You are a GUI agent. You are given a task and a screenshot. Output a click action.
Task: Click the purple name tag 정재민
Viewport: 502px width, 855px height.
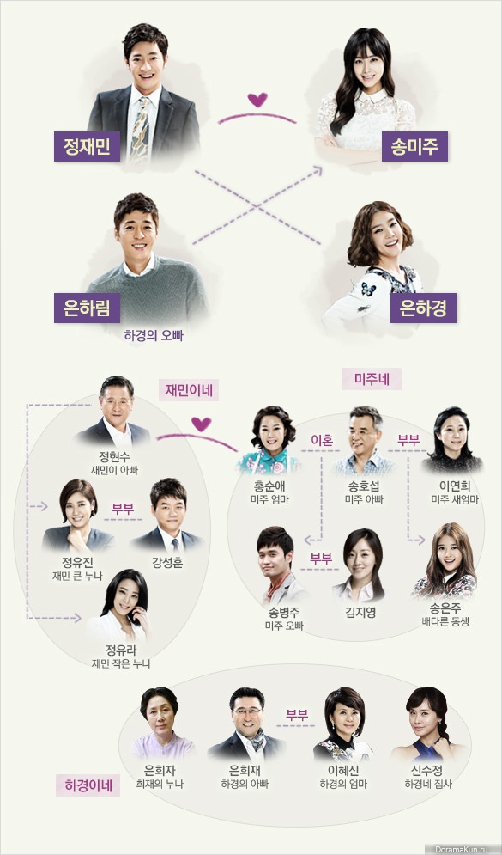click(87, 146)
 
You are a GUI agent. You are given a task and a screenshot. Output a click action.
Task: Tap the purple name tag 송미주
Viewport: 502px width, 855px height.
click(414, 146)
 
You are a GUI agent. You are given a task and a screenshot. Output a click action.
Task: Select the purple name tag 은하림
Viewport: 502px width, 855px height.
click(87, 308)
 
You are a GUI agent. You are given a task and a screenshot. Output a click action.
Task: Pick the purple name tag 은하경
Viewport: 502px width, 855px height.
click(423, 308)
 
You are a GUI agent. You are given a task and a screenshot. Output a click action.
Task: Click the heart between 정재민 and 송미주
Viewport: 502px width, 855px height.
click(257, 100)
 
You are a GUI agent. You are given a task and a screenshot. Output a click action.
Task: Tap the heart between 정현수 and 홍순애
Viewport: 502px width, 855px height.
click(201, 424)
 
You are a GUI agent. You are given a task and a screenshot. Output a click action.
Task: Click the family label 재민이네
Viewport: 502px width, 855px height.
click(189, 390)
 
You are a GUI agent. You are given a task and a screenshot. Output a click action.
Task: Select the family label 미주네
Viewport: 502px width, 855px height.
click(372, 379)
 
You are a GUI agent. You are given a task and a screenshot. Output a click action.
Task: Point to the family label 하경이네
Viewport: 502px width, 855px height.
click(88, 785)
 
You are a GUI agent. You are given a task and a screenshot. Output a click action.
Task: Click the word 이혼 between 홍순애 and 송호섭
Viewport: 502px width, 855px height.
click(321, 440)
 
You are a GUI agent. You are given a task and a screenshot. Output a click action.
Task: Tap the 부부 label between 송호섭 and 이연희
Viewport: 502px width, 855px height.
click(408, 440)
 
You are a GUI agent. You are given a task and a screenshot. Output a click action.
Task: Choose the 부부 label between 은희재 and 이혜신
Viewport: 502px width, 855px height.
click(297, 715)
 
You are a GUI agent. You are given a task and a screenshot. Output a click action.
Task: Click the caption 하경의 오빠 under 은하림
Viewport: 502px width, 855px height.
click(154, 335)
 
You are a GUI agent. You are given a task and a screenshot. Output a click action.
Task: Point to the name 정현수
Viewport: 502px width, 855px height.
click(114, 456)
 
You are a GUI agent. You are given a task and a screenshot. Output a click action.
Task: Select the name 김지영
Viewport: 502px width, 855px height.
click(360, 613)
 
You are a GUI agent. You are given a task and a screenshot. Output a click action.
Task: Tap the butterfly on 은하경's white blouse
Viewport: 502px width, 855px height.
click(369, 289)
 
